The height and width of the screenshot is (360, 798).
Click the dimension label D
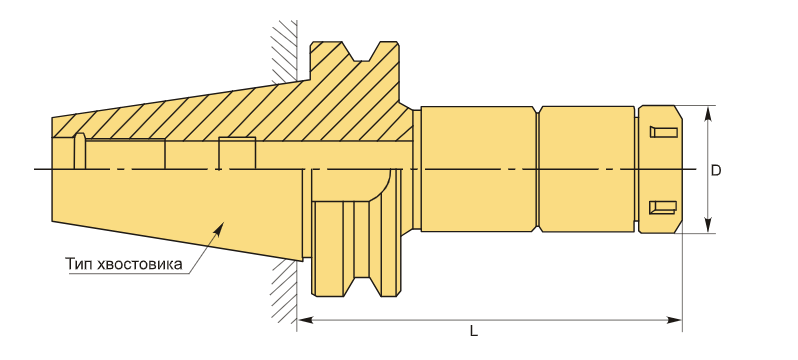(x=716, y=171)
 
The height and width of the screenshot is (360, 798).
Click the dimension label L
(x=473, y=331)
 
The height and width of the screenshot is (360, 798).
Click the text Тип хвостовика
(x=124, y=264)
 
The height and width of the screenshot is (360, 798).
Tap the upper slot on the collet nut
(x=664, y=132)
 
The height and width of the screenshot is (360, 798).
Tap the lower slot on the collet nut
(x=663, y=207)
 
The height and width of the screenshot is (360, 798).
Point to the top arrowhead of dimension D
(x=707, y=114)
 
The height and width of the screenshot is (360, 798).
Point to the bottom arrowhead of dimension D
(x=707, y=226)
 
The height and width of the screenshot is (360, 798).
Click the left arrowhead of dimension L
(x=305, y=320)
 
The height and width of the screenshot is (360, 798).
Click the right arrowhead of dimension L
(x=674, y=320)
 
